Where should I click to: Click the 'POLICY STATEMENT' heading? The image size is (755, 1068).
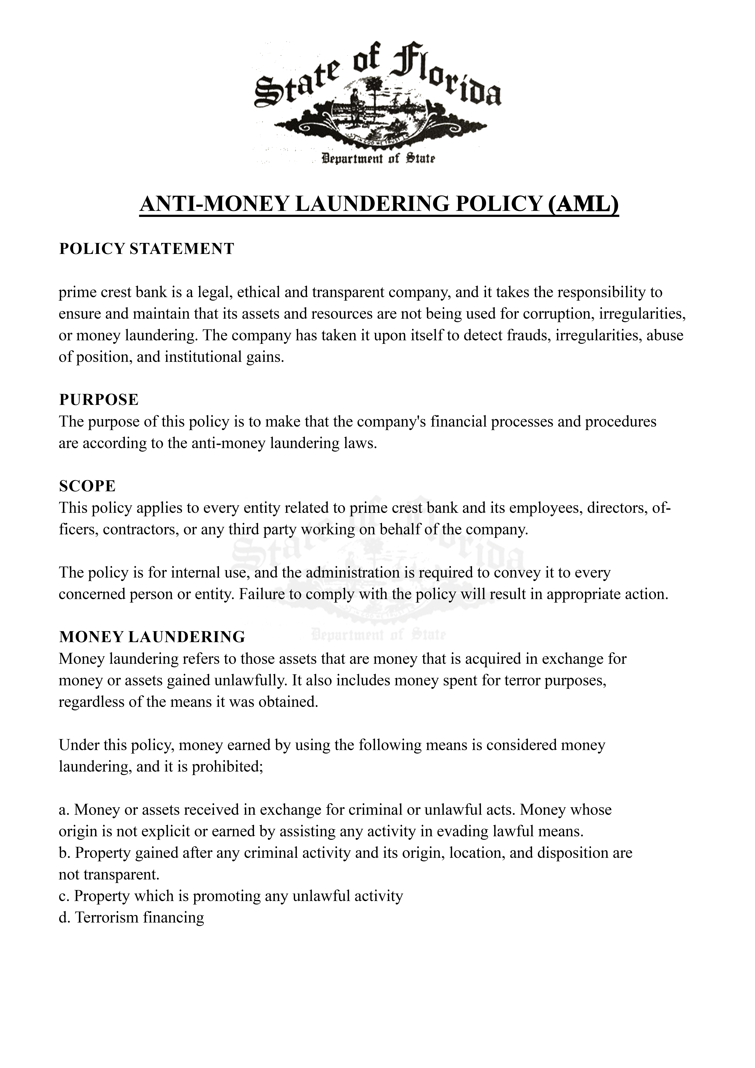(147, 249)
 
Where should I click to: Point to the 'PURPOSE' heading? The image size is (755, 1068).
(99, 399)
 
